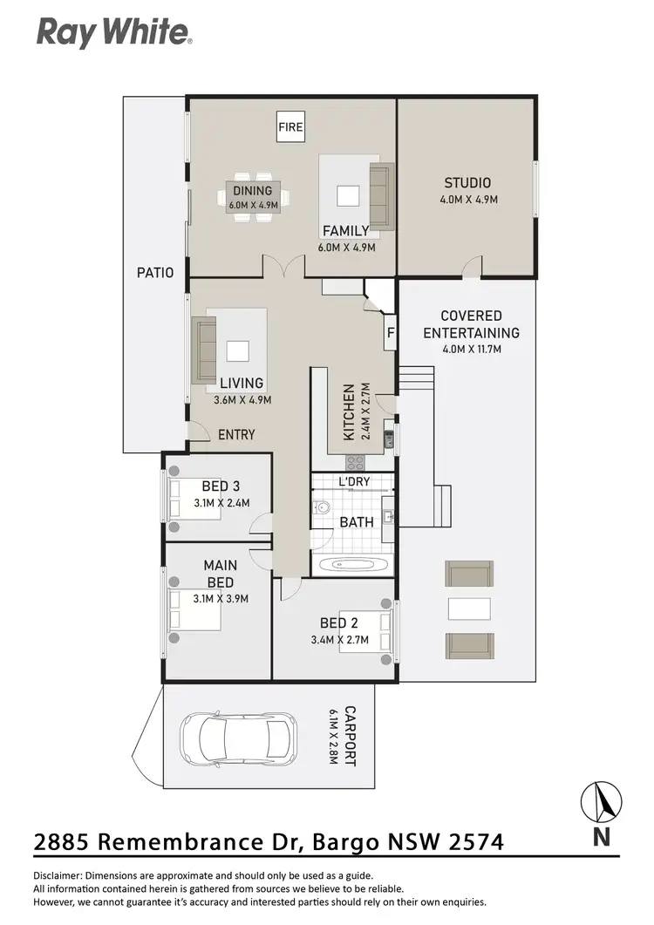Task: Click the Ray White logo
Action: coord(113,33)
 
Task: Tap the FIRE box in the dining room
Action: coord(290,126)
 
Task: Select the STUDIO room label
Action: coord(467,183)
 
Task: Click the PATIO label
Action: coord(154,272)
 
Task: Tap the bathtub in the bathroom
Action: coord(353,564)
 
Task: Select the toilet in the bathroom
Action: coord(323,507)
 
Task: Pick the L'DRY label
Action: coord(353,482)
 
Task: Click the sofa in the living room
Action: coord(204,350)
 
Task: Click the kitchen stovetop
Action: coord(355,460)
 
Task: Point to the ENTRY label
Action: coord(236,434)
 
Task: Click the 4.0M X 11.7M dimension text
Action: coord(471,349)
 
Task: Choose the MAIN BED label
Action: coord(221,574)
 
